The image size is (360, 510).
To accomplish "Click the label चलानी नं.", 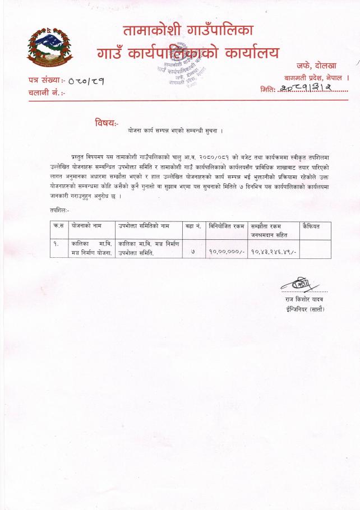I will click(x=46, y=92).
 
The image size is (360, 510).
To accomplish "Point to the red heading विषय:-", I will click(x=107, y=122).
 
